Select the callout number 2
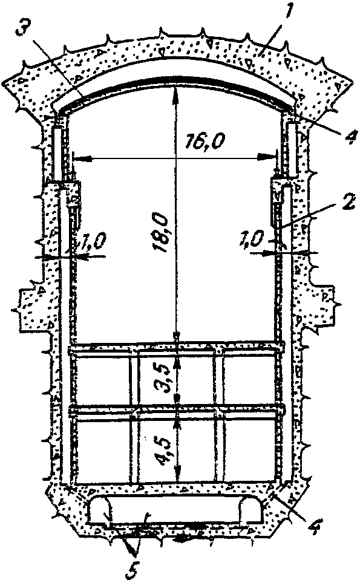(348, 203)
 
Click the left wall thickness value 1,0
(93, 243)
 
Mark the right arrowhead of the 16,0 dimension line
(270, 157)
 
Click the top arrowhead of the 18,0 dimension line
(175, 93)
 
